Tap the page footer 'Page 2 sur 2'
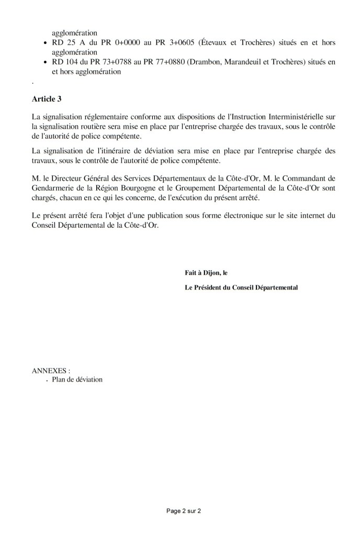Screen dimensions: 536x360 pyautogui.click(x=179, y=510)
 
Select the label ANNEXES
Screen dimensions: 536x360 pyautogui.click(x=51, y=370)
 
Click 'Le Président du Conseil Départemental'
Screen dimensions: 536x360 pyautogui.click(x=241, y=287)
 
